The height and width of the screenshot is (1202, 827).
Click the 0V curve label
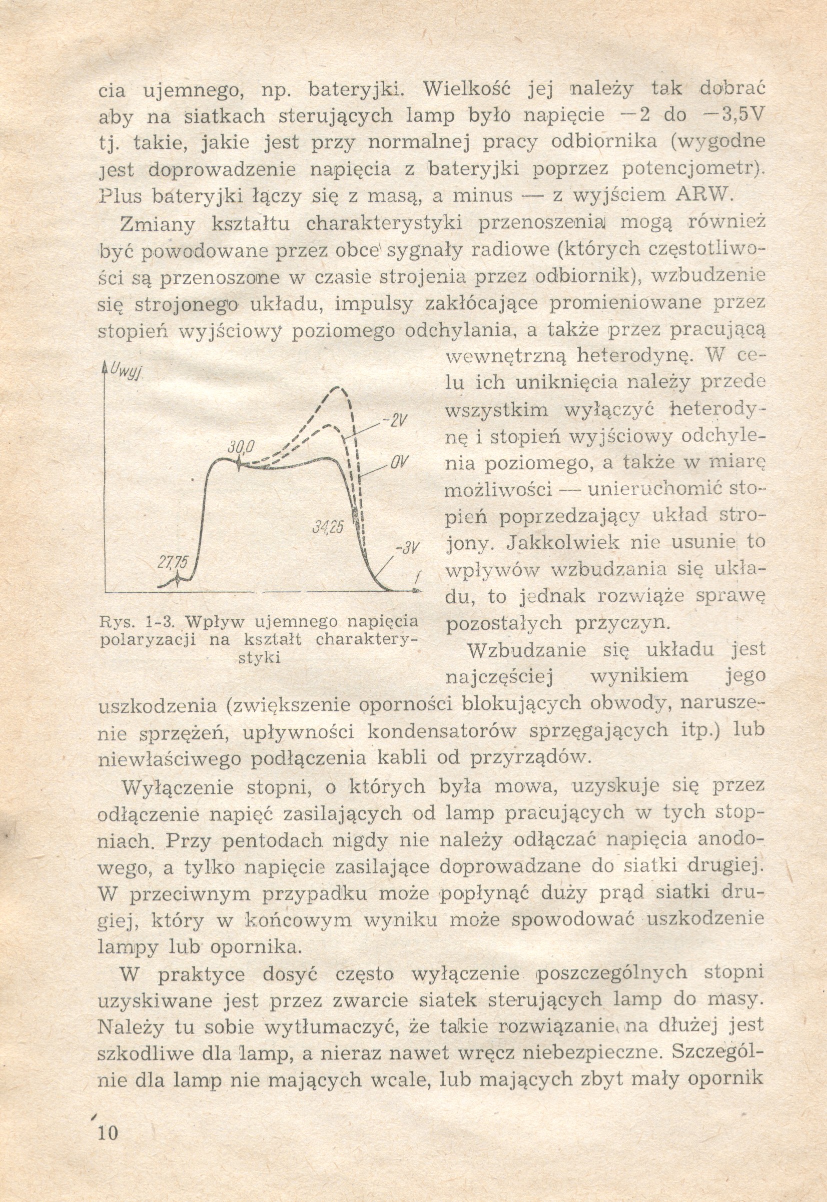click(397, 462)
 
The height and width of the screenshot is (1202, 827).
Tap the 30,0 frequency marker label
click(239, 446)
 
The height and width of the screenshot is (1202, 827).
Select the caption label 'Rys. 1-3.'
click(139, 621)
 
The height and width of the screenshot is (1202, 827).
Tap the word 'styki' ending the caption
click(259, 658)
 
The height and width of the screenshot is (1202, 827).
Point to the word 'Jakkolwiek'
click(563, 542)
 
